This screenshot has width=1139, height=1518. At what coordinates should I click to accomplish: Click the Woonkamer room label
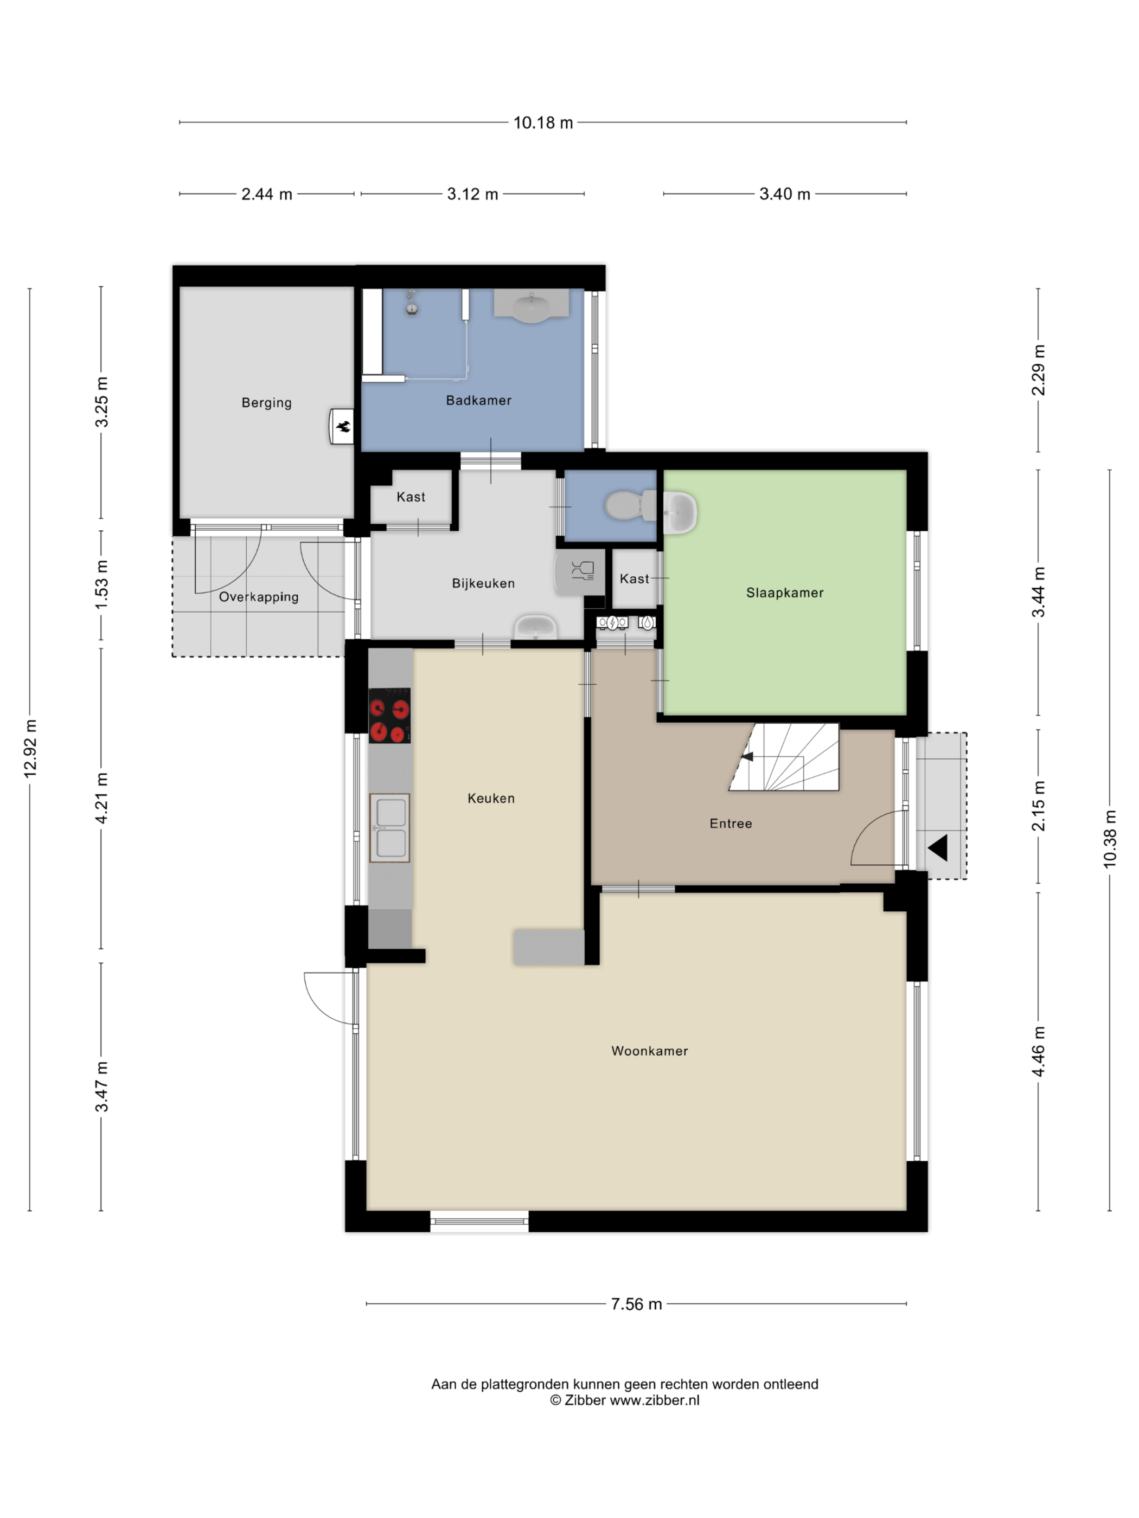649,1051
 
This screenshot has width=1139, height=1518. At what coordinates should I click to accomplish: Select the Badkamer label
478,400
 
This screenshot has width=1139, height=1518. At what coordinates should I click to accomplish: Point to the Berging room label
266,403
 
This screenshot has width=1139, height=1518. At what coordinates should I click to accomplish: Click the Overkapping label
259,597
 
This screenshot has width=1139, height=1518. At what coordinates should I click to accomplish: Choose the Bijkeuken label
483,583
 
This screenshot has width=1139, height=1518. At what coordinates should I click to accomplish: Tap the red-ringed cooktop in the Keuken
389,716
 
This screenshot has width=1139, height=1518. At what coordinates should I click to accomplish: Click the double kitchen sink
389,828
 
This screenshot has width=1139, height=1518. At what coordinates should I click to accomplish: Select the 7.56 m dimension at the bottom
636,1304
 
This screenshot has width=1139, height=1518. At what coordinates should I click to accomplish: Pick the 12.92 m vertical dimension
30,749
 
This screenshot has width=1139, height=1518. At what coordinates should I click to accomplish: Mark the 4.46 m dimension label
1039,1051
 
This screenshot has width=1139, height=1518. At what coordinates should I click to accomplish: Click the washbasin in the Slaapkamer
680,512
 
